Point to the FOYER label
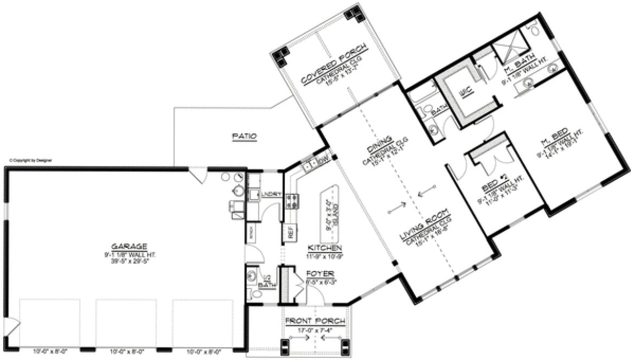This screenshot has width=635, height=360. (x=319, y=273)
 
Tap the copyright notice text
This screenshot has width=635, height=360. (x=30, y=160)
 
